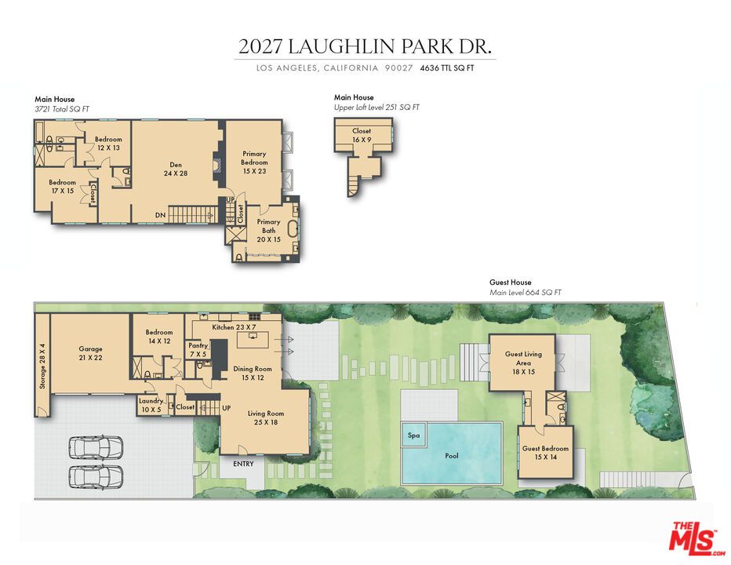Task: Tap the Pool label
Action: [452, 456]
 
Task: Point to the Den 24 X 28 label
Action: [176, 169]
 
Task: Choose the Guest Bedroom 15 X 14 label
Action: [545, 453]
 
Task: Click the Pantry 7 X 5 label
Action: [198, 350]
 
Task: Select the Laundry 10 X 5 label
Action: [151, 405]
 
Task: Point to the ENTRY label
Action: [243, 464]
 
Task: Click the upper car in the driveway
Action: [96, 447]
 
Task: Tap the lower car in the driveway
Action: [96, 476]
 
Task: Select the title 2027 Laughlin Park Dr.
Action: [365, 46]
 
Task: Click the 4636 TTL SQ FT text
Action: [447, 68]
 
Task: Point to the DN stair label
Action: [160, 215]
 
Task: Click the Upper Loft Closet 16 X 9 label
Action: [362, 135]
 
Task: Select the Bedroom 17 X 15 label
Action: [62, 187]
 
